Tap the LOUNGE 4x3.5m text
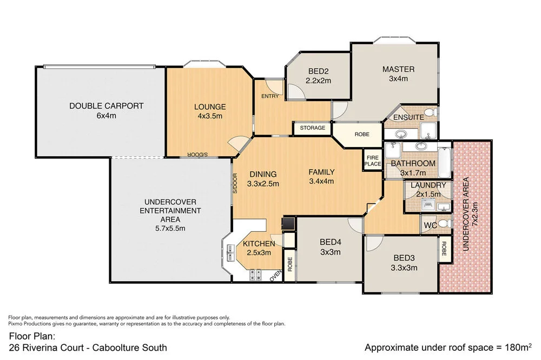tap(209, 111)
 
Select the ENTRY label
tap(270, 96)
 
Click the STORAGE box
tap(312, 128)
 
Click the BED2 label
tap(318, 76)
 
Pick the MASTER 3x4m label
tap(398, 74)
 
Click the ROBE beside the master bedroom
tap(362, 134)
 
